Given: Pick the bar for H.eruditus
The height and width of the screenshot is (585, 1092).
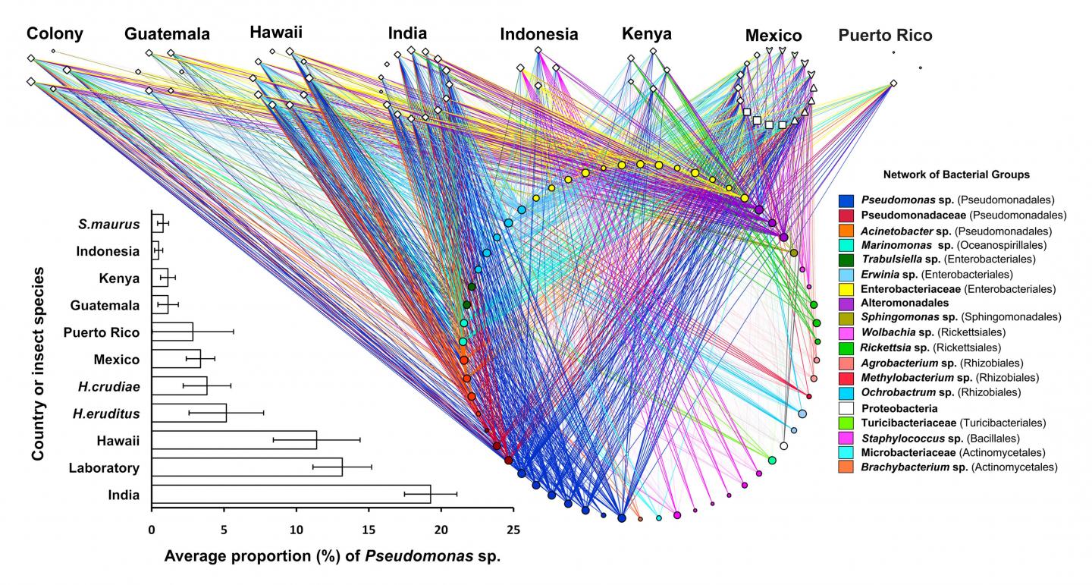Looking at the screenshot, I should (x=189, y=413).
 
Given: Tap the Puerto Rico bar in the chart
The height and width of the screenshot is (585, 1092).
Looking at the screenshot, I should (x=172, y=332).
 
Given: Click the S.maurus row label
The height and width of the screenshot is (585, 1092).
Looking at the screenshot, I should (x=109, y=224).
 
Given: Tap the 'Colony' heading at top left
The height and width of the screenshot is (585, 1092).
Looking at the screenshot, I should (x=55, y=33).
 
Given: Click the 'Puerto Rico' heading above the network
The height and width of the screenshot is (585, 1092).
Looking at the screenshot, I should (x=885, y=35).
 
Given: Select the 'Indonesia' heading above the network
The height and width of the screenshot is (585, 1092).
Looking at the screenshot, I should (x=538, y=34).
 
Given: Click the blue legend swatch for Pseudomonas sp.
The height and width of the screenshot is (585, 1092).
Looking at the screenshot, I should (x=847, y=201).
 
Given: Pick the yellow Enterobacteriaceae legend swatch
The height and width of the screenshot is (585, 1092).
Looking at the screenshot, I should (x=847, y=288).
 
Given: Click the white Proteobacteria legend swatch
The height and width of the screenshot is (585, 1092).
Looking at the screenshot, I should (x=847, y=408).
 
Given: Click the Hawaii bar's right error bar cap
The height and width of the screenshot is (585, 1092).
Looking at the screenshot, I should (x=359, y=439).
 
